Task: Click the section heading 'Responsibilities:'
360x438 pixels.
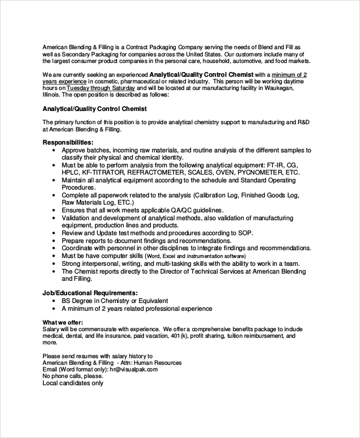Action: (67, 142)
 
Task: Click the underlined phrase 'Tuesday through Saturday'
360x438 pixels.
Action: (103, 88)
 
